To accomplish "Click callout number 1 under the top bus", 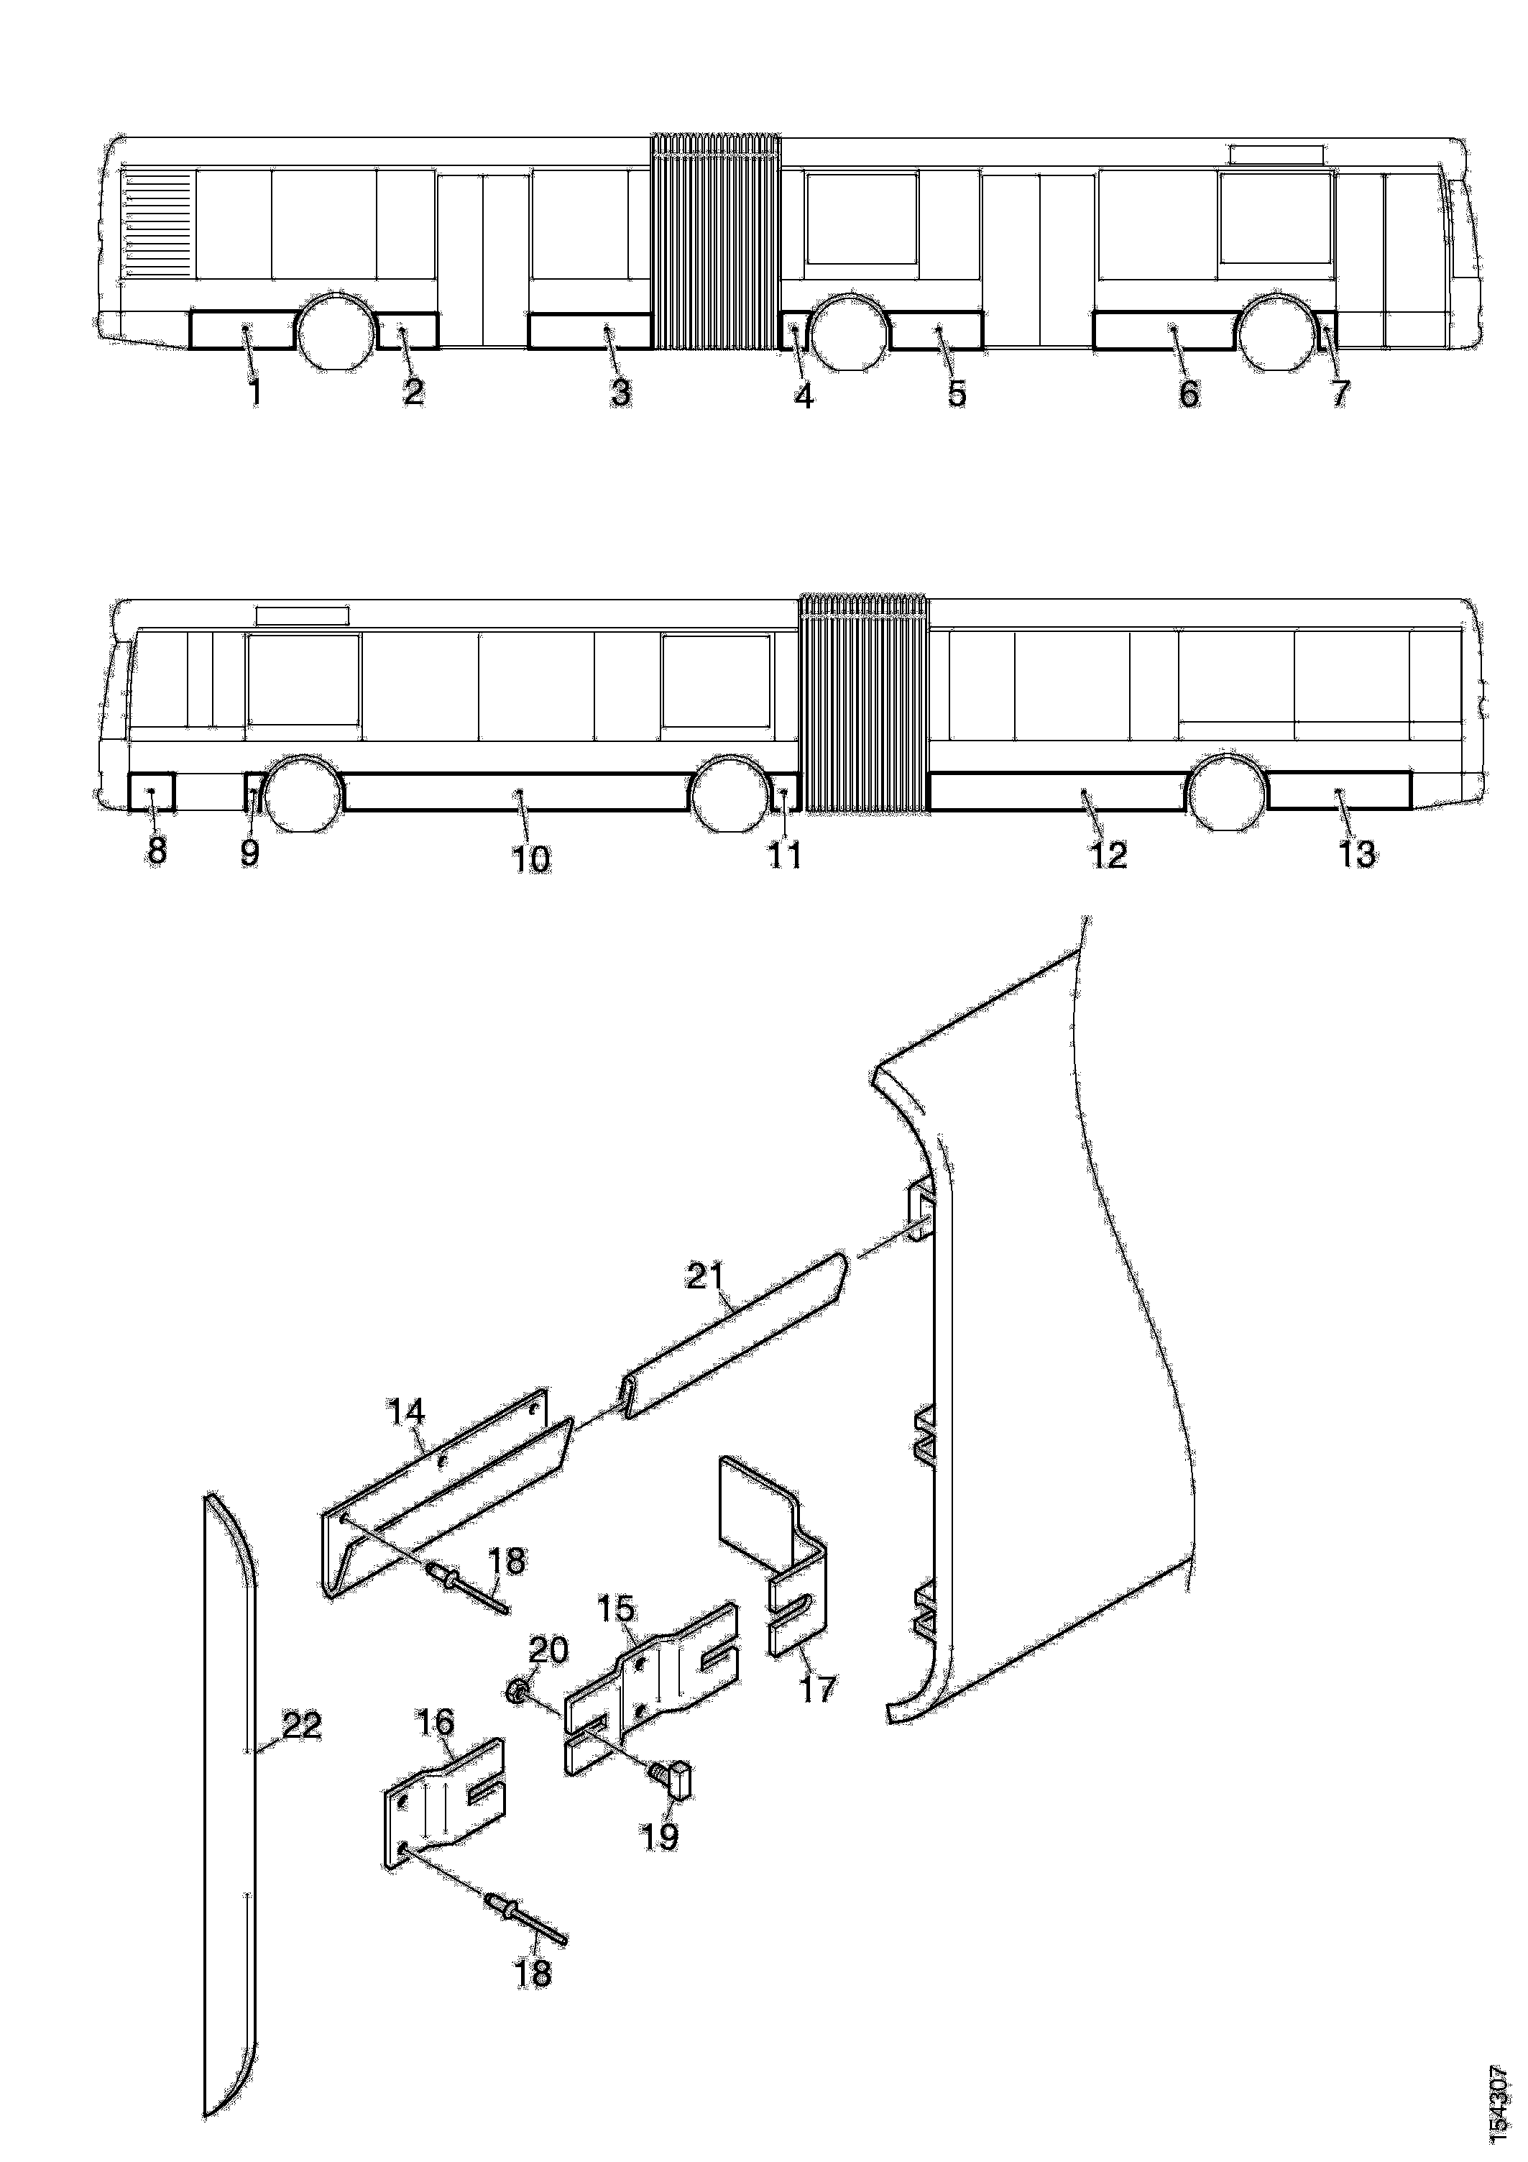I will [x=254, y=393].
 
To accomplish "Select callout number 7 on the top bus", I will [x=1340, y=393].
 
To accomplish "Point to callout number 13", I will [x=1357, y=854].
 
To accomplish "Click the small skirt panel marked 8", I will [x=152, y=791].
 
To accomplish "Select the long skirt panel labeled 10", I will [x=516, y=791].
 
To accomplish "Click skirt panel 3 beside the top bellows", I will [x=590, y=331].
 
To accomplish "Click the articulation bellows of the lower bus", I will [x=862, y=702].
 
